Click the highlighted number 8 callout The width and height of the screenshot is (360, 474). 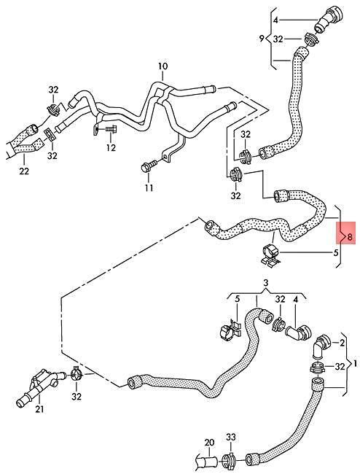click(x=350, y=237)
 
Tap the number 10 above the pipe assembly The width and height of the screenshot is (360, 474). click(x=163, y=66)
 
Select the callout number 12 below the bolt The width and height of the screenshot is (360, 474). click(x=111, y=148)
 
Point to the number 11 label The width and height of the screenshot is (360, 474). click(x=149, y=187)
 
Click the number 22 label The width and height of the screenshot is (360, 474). click(x=24, y=171)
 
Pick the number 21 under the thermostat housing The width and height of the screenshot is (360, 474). click(x=39, y=409)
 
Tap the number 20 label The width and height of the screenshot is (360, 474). click(x=209, y=443)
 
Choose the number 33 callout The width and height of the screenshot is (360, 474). click(x=230, y=437)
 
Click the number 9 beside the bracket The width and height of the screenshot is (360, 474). click(x=262, y=39)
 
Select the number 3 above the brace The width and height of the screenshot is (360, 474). click(x=266, y=283)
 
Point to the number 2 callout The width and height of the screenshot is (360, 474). click(x=342, y=343)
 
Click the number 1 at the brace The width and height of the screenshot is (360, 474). click(x=355, y=363)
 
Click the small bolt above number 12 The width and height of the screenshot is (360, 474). click(x=111, y=129)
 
